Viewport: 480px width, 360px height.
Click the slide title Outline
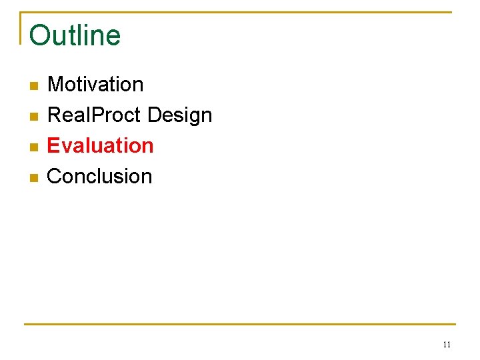pos(75,35)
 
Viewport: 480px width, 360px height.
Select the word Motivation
pos(95,85)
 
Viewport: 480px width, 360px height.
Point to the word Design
pos(179,116)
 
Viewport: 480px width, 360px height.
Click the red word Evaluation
pos(100,145)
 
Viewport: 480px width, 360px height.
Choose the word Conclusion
pos(99,176)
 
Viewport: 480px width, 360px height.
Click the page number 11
pos(447,345)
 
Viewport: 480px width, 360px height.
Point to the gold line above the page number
pos(240,325)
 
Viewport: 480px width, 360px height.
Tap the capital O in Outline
pos(40,36)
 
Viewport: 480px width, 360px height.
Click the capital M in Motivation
pos(55,85)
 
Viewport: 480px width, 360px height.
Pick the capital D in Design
pos(154,115)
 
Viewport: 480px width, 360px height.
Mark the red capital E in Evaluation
pos(53,145)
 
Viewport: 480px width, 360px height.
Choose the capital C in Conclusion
pos(55,176)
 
